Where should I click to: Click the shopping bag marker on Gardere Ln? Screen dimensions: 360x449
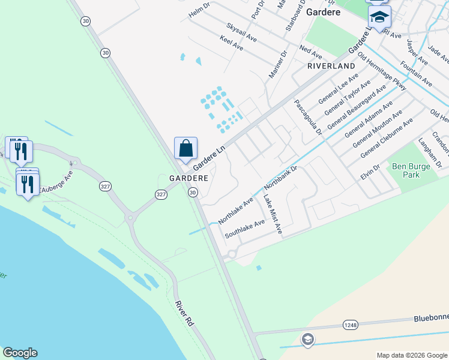(186, 148)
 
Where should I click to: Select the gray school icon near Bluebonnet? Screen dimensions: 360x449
(308, 340)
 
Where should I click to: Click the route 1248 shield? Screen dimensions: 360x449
(351, 325)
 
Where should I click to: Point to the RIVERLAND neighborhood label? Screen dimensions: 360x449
(331, 65)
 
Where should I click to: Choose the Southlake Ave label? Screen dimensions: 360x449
(244, 229)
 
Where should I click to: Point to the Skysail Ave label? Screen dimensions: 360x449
(241, 32)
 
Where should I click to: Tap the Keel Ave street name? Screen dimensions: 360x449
(231, 43)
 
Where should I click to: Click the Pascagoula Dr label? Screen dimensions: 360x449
(308, 117)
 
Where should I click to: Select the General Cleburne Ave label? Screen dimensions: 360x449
(387, 139)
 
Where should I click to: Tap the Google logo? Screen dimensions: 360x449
(20, 353)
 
